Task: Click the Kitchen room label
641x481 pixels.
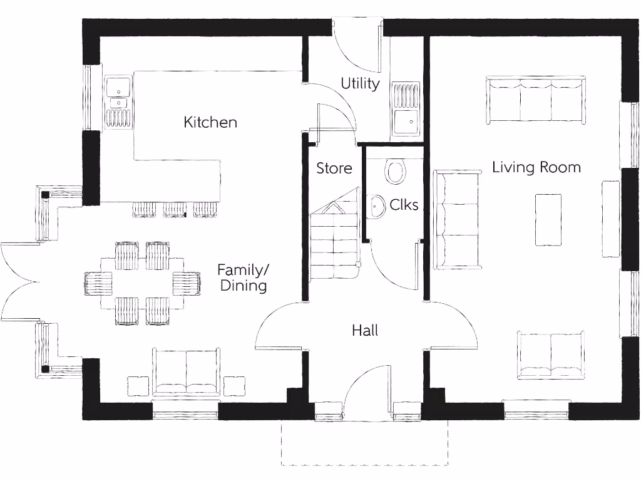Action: tap(210, 122)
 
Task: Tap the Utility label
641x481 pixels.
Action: tap(360, 83)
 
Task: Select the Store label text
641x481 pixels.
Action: tap(334, 168)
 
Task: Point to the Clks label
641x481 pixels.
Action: tap(404, 205)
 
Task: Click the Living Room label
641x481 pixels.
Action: tap(536, 167)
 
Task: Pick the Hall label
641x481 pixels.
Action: tap(364, 330)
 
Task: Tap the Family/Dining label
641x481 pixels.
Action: tap(242, 277)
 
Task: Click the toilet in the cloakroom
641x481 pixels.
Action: tap(395, 170)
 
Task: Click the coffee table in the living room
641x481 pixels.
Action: tap(548, 220)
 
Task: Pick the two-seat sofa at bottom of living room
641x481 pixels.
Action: tap(551, 355)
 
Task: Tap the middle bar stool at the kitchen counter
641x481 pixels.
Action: tap(175, 209)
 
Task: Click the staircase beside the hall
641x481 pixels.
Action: tap(334, 244)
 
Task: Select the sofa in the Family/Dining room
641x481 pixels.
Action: tap(187, 372)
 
